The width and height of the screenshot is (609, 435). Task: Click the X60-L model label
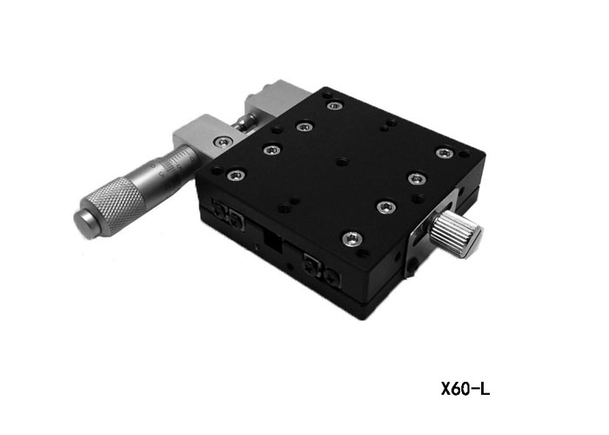click(465, 388)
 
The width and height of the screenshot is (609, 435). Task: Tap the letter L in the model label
click(485, 388)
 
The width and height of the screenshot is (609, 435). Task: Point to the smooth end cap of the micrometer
click(85, 224)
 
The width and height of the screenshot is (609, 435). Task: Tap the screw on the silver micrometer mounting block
click(224, 142)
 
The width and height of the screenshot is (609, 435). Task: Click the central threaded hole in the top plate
click(342, 162)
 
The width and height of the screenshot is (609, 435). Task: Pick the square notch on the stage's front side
click(272, 241)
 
